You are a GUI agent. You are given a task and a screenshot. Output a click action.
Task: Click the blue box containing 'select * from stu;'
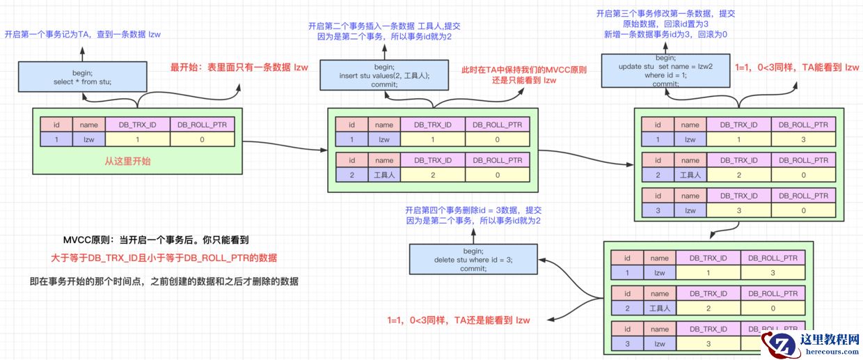82,76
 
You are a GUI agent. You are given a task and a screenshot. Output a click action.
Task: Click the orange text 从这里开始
127,161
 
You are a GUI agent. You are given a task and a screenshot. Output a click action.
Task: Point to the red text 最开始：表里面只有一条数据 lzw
239,68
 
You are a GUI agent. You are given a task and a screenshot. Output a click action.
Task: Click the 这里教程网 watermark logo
810,343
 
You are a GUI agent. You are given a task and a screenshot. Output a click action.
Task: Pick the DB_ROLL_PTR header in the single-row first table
202,125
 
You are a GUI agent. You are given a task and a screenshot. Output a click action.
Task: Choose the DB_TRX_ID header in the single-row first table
138,125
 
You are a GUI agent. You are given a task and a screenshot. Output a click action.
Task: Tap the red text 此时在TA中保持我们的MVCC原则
524,70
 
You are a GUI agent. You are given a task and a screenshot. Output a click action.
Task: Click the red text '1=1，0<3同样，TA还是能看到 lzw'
459,320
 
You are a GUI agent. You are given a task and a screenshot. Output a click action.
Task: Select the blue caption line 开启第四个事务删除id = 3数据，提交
473,210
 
